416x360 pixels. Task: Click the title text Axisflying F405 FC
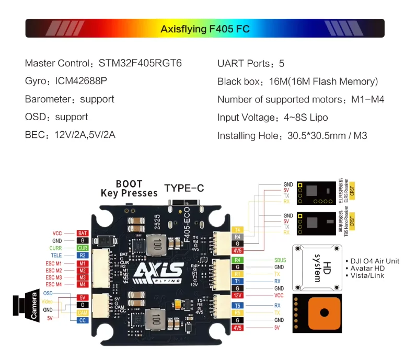point(205,29)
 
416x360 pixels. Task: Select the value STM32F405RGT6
point(140,63)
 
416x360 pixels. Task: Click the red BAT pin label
point(83,233)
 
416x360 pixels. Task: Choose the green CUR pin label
point(83,248)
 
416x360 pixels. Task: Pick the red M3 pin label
point(83,277)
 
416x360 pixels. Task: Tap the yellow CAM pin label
point(83,312)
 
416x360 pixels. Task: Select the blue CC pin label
point(83,320)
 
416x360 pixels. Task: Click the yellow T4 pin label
point(238,229)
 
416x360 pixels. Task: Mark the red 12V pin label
point(238,295)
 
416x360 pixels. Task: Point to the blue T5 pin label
point(238,305)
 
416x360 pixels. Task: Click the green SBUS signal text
point(280,260)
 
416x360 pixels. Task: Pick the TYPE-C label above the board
point(184,188)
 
